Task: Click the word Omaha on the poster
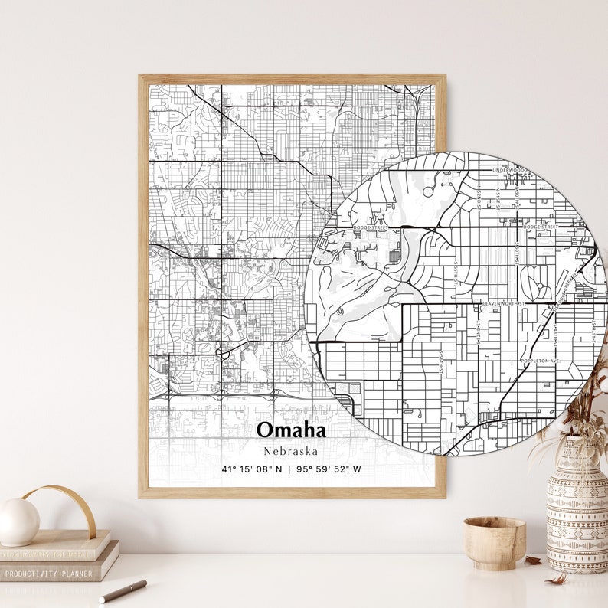(291, 430)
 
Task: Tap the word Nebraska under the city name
(290, 451)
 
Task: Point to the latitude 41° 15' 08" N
(251, 469)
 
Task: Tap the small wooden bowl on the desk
(494, 542)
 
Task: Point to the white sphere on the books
(18, 521)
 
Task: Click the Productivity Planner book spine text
(47, 573)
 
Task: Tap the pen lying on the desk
(123, 590)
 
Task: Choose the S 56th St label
(442, 361)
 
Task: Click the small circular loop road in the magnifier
(339, 312)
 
